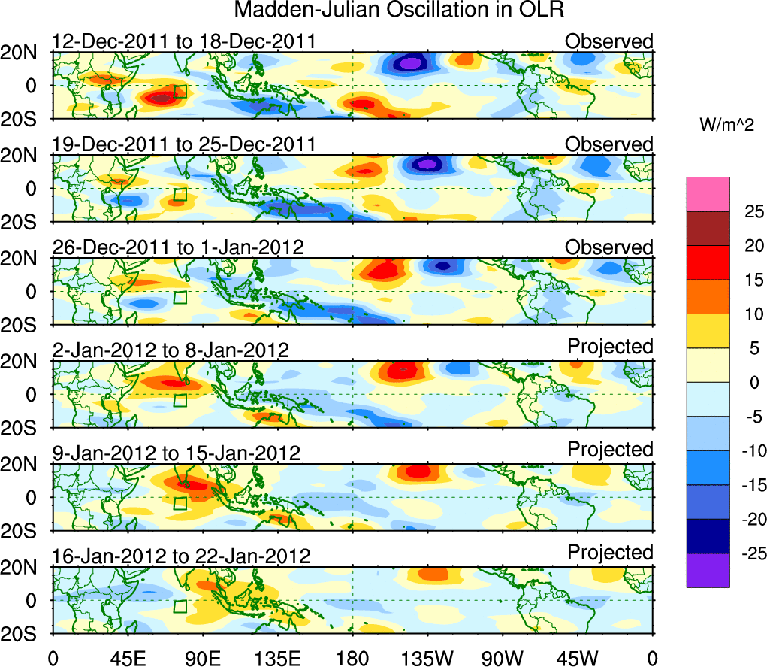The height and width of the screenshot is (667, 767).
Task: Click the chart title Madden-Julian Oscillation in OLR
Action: (398, 10)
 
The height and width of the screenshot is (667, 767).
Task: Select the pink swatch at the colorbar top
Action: (707, 194)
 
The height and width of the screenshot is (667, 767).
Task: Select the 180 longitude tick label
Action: (352, 659)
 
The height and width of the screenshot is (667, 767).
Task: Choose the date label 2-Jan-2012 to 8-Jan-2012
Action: (171, 350)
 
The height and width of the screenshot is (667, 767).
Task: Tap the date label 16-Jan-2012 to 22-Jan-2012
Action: (181, 556)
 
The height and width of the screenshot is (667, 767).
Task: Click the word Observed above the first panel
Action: (609, 41)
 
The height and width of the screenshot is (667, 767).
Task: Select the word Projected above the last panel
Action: (610, 553)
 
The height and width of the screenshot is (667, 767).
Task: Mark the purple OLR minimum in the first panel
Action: (409, 64)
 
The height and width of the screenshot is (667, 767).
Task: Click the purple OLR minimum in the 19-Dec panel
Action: (427, 163)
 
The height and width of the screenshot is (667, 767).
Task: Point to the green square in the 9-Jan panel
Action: (180, 503)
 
